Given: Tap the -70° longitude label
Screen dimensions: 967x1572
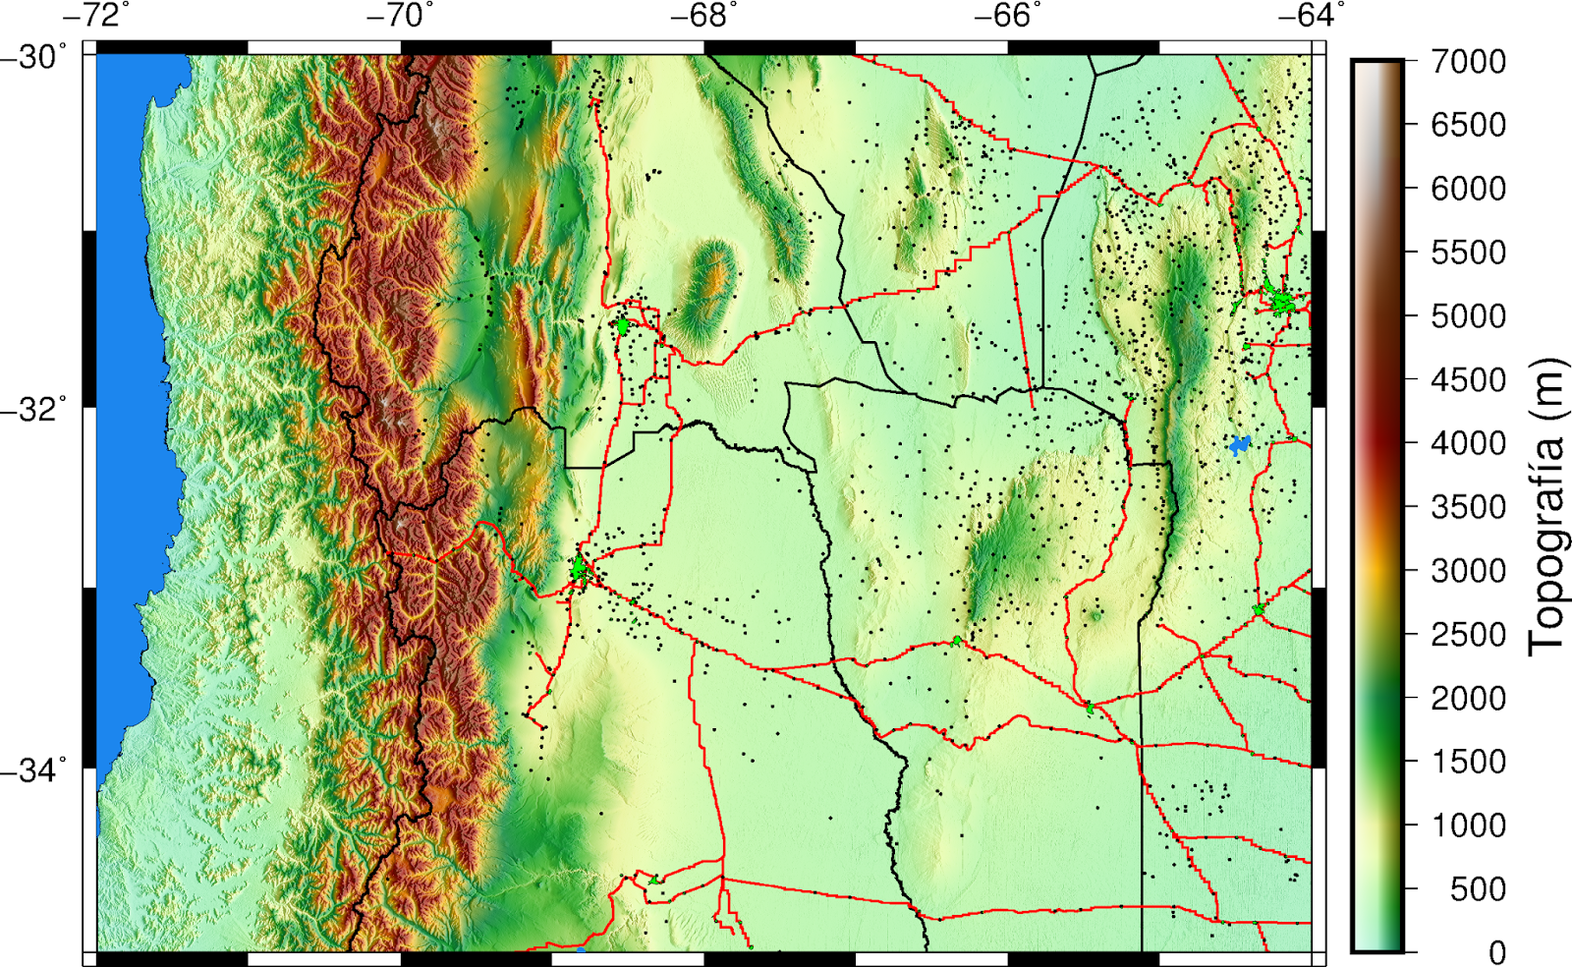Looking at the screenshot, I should pyautogui.click(x=399, y=16).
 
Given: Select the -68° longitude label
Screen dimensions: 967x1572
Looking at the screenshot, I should pyautogui.click(x=703, y=16).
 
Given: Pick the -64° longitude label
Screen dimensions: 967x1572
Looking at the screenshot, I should pyautogui.click(x=1312, y=16).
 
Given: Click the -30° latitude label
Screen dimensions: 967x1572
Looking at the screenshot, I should pyautogui.click(x=34, y=57).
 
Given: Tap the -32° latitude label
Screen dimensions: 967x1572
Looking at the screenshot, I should pyautogui.click(x=34, y=409).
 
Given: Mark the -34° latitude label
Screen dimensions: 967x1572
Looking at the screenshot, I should pyautogui.click(x=34, y=769).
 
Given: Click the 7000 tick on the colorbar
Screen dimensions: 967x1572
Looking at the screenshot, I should pyautogui.click(x=1468, y=62).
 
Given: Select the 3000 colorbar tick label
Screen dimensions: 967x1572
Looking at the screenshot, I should pyautogui.click(x=1468, y=571).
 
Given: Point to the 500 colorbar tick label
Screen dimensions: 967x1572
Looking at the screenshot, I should pyautogui.click(x=1478, y=889).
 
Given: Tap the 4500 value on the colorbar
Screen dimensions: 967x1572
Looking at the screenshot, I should pyautogui.click(x=1468, y=380).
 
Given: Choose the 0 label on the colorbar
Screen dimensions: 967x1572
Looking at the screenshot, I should pyautogui.click(x=1496, y=952).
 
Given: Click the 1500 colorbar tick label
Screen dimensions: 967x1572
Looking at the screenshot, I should pyautogui.click(x=1468, y=762).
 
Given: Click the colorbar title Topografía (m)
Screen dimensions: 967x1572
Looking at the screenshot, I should pyautogui.click(x=1546, y=506).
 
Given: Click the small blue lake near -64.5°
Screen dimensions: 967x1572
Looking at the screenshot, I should pyautogui.click(x=1240, y=445).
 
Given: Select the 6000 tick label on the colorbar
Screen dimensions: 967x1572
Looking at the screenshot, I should pyautogui.click(x=1468, y=189).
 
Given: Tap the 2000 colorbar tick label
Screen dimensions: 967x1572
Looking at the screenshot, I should pyautogui.click(x=1468, y=699).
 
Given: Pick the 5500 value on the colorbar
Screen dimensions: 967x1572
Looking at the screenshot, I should pyautogui.click(x=1468, y=253).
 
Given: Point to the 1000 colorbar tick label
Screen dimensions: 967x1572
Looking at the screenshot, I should pyautogui.click(x=1468, y=825).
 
